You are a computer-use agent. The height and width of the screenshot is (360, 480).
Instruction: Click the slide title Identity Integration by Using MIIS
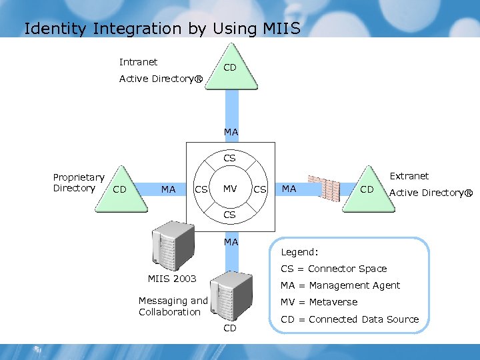pos(162,29)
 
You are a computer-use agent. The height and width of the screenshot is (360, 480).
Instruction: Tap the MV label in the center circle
pos(230,189)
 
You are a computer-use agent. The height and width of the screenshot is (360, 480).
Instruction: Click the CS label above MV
pos(230,159)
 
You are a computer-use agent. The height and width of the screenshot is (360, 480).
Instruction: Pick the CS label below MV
pos(230,215)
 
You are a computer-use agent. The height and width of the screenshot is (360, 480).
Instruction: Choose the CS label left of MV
pos(200,190)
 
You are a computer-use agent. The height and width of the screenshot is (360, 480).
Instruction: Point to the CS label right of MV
pos(260,190)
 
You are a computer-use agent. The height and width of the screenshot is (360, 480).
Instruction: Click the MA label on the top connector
pos(231,133)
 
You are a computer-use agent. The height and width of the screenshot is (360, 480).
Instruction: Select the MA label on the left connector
pos(169,190)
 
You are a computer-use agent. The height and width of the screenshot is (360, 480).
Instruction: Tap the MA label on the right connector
pos(289,189)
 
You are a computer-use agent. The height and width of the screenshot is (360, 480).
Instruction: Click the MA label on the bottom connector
pos(231,242)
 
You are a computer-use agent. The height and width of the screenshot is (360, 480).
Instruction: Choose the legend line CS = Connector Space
pos(333,269)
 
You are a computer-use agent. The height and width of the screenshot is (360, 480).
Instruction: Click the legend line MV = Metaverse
pos(319,302)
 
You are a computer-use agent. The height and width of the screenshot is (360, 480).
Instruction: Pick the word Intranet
pos(138,62)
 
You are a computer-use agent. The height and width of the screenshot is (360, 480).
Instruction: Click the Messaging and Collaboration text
pos(173,307)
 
